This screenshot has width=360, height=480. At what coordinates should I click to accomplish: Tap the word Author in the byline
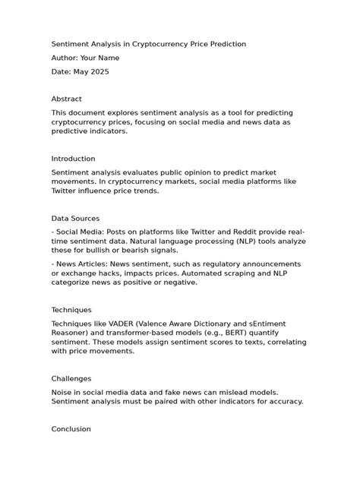[x=64, y=58]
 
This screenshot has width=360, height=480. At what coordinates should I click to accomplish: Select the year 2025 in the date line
[x=99, y=71]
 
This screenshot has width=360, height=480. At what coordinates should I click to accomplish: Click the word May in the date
[x=81, y=71]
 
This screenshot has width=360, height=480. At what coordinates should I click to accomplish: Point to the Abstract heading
[x=66, y=99]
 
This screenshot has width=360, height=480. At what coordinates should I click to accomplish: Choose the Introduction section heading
[x=73, y=159]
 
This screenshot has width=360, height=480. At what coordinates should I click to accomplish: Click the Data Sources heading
[x=75, y=218]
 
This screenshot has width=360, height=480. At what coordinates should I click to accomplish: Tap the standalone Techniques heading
[x=71, y=310]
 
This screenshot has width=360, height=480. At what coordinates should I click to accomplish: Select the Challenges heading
[x=71, y=378]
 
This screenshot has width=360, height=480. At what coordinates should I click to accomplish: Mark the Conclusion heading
[x=71, y=429]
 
